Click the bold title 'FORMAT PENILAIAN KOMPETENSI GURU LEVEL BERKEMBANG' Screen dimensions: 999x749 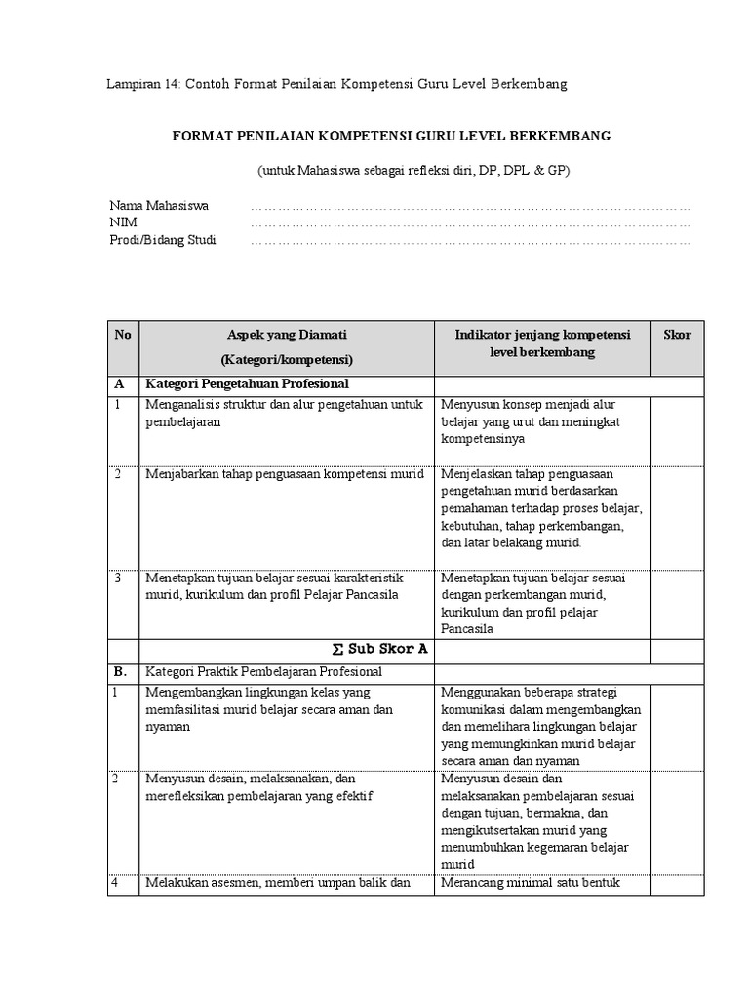pyautogui.click(x=392, y=136)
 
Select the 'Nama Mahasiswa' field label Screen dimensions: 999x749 pyautogui.click(x=159, y=206)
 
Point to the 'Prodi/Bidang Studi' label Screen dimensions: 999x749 pyautogui.click(x=163, y=241)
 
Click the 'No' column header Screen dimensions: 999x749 pyautogui.click(x=122, y=335)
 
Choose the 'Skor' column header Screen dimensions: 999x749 pyautogui.click(x=677, y=335)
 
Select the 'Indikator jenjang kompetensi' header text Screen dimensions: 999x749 pyautogui.click(x=542, y=335)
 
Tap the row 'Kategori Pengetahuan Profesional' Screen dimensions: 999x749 pyautogui.click(x=247, y=384)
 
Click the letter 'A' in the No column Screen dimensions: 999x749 pyautogui.click(x=119, y=384)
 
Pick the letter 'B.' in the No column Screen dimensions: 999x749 pyautogui.click(x=120, y=672)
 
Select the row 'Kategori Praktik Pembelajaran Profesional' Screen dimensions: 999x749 pyautogui.click(x=264, y=672)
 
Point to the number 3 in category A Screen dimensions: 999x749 pyautogui.click(x=117, y=578)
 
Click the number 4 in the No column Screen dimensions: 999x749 pyautogui.click(x=117, y=883)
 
